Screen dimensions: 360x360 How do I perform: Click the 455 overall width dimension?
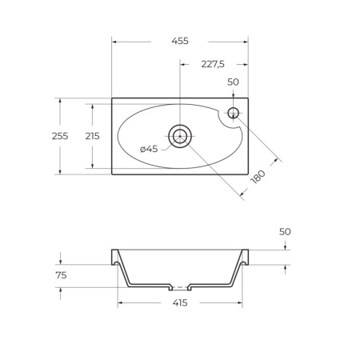pos(180,41)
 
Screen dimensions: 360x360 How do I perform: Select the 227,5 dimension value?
pos(213,64)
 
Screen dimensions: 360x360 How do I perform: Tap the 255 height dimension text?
pos(60,136)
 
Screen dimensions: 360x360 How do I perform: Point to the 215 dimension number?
pos(92,136)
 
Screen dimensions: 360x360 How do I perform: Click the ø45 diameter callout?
pos(149,149)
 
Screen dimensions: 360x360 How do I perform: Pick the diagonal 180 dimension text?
pos(258,177)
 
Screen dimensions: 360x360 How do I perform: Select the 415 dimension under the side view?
pos(180,303)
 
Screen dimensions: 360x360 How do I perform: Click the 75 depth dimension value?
pos(61,275)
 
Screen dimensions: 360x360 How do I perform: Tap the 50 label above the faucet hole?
pos(233,82)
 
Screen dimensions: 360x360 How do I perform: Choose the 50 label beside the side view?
pos(285,232)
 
